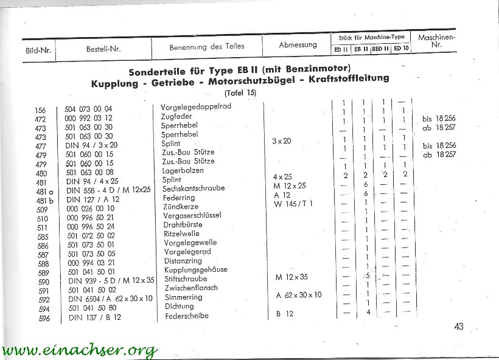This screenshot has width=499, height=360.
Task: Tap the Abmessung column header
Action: coord(298,45)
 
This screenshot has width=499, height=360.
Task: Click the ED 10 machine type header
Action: coord(401,49)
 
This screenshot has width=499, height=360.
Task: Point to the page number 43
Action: coord(458,327)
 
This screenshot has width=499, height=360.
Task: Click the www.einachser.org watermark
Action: coord(79,350)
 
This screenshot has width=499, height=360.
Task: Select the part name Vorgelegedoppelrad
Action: coord(186,106)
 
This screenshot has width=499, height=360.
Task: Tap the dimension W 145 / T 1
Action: coord(294,203)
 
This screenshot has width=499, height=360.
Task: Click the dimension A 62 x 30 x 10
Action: coord(299,295)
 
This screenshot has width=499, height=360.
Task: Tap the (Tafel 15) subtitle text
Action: coord(240,92)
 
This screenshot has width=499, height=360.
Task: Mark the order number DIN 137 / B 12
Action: coord(95,317)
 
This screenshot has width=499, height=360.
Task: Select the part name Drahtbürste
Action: coord(181,225)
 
